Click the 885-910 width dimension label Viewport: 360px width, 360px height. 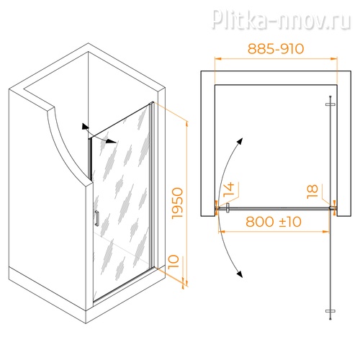click(x=276, y=49)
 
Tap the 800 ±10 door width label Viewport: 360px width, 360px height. click(x=274, y=222)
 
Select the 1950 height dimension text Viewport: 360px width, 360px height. click(x=178, y=203)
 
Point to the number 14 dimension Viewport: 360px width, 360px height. click(x=229, y=189)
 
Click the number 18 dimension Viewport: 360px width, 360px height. click(x=312, y=192)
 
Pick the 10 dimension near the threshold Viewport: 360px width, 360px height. click(x=174, y=261)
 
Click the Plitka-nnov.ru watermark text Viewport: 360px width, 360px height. click(x=281, y=19)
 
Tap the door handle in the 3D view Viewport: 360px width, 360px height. click(x=96, y=218)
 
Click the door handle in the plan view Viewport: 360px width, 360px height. click(x=228, y=208)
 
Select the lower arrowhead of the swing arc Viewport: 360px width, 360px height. click(x=240, y=274)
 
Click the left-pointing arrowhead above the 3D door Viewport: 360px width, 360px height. click(x=85, y=127)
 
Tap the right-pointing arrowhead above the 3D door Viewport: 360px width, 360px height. click(x=112, y=141)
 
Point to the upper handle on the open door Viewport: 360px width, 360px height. click(x=330, y=104)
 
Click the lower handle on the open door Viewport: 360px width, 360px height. click(x=330, y=311)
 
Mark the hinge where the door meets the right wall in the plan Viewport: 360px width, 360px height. click(x=333, y=208)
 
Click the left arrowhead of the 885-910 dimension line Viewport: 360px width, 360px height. click(x=217, y=58)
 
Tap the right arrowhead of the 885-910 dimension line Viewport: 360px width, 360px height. click(x=334, y=58)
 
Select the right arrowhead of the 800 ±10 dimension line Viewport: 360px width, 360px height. click(x=326, y=232)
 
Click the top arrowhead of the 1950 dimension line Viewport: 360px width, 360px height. click(x=187, y=125)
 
